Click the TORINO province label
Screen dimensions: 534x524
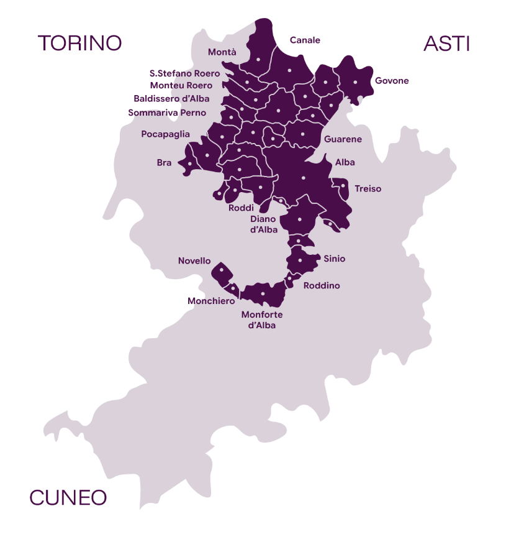click(79, 43)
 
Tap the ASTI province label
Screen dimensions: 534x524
click(446, 44)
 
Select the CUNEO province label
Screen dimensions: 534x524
click(68, 497)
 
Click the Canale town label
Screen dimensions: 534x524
click(305, 40)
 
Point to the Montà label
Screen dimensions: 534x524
click(222, 52)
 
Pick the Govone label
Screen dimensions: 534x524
click(392, 81)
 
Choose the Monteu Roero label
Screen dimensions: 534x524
click(181, 85)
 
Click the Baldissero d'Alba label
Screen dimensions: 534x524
click(171, 98)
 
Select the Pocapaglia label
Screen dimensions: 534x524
click(165, 134)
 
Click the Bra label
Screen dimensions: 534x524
click(164, 163)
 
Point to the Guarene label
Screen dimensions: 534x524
click(343, 139)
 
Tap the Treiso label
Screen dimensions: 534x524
click(368, 188)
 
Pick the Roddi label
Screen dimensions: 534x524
click(241, 208)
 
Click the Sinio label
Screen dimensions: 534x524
click(334, 259)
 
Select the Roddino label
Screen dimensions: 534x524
click(322, 286)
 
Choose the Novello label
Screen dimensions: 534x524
click(194, 261)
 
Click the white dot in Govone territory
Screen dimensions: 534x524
click(355, 82)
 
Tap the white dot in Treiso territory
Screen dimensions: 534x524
click(343, 185)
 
